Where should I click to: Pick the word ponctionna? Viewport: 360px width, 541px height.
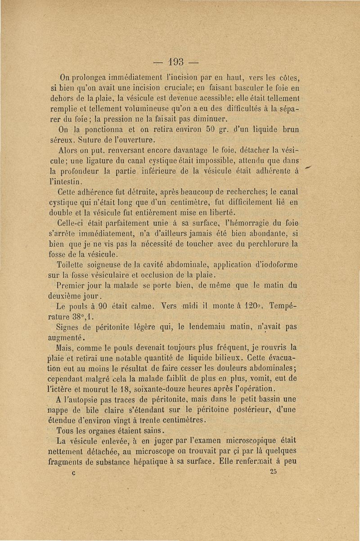click(x=101, y=129)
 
